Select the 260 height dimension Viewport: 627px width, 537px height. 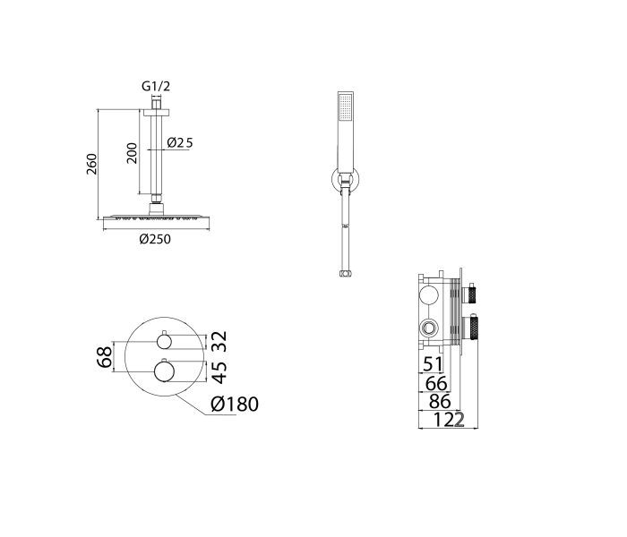[91, 164]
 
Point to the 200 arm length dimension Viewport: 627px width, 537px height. [131, 153]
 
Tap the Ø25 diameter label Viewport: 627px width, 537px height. [180, 142]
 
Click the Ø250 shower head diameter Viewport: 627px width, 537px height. [154, 238]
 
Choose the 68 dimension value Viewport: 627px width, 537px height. [104, 357]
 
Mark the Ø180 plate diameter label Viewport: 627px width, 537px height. [235, 405]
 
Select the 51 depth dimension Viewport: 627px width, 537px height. [433, 363]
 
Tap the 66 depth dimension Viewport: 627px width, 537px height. [435, 383]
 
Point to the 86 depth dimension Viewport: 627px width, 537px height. [439, 402]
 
